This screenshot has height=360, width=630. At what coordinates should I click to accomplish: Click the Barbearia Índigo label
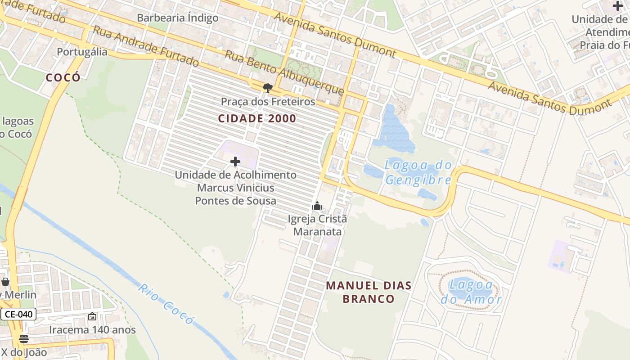178,18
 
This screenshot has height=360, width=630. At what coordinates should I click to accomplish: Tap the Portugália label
82,52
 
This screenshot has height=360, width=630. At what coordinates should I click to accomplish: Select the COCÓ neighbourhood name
63,77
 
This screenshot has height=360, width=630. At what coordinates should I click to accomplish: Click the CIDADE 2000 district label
257,119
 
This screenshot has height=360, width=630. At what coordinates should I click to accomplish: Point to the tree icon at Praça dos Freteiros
268,88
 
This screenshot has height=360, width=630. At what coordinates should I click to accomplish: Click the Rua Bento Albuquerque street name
284,72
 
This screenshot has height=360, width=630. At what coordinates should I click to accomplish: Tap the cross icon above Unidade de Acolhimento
235,161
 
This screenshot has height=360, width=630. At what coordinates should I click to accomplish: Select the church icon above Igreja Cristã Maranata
317,206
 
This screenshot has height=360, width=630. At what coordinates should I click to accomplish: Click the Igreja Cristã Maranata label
317,225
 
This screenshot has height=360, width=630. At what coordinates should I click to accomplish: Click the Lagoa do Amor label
471,292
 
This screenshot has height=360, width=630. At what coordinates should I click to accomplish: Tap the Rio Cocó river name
166,304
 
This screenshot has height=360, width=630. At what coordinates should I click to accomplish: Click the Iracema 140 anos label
92,330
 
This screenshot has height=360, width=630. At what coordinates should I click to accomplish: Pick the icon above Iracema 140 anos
92,316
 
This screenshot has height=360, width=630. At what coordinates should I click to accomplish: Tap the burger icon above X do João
24,338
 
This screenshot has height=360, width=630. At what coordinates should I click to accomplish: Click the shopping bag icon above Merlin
5,282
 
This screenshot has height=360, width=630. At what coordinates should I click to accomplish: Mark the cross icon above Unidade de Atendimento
618,6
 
